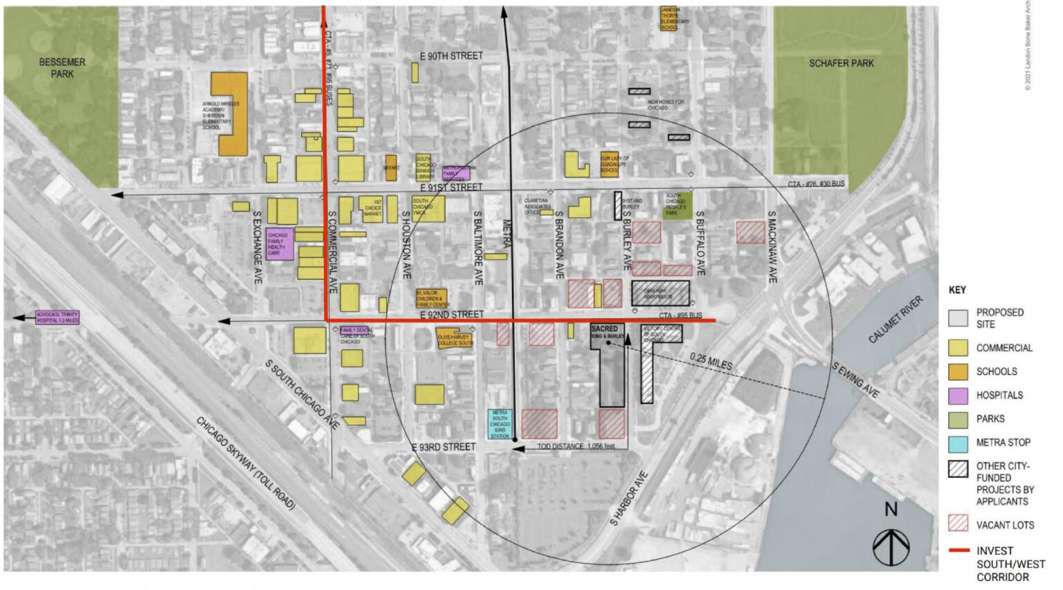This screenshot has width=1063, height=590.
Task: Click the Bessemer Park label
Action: (62, 68)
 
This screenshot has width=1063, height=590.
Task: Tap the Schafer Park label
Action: (841, 64)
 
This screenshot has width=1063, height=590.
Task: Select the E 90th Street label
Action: (451, 56)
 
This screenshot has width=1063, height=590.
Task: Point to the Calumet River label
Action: (896, 320)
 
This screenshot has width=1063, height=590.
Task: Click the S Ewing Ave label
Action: (855, 380)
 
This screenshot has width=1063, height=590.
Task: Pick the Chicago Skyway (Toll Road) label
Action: (246, 463)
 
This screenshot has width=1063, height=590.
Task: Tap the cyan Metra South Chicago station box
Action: (500, 424)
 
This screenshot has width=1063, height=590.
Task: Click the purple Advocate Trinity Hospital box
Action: (57, 317)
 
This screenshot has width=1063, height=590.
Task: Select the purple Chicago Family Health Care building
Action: (279, 244)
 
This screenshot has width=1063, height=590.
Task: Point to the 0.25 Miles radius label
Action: (711, 361)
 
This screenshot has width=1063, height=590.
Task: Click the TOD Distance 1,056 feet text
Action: (576, 447)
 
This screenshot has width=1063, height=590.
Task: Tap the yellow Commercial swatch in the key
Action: (958, 348)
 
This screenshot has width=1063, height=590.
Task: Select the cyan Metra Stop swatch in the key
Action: (958, 443)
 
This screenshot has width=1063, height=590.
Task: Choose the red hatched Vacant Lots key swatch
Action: (958, 524)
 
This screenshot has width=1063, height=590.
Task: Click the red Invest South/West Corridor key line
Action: (958, 551)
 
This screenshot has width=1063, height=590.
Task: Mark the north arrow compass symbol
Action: (891, 547)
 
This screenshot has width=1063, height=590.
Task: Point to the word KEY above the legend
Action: (957, 290)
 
